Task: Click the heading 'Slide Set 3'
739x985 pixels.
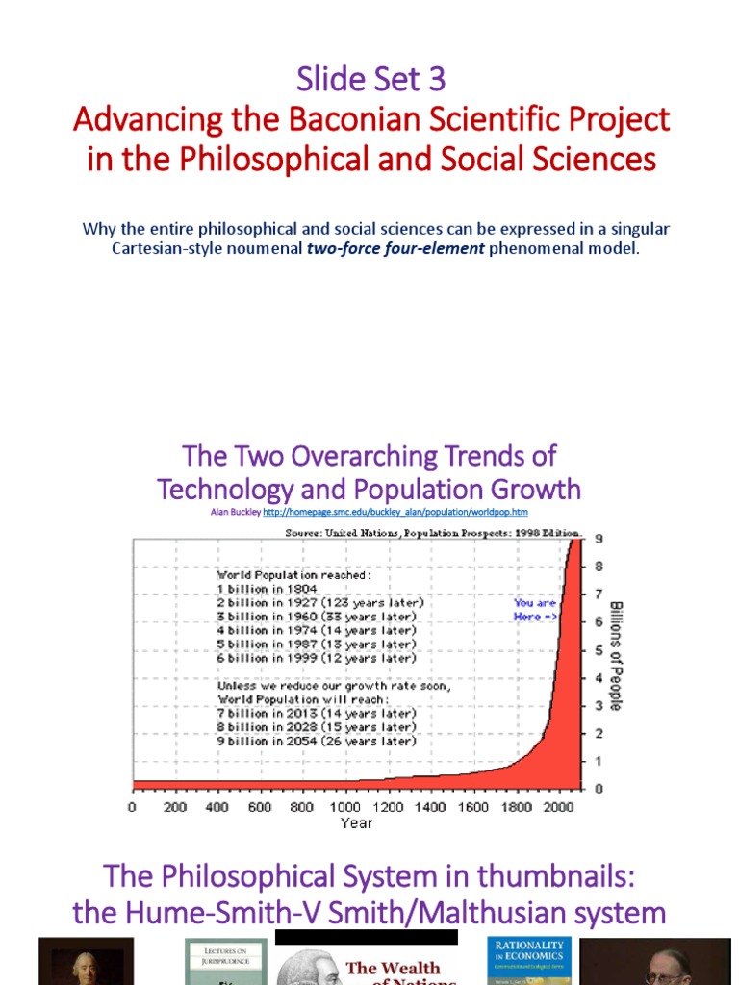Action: pyautogui.click(x=370, y=80)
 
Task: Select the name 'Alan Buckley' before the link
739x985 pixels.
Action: pyautogui.click(x=236, y=513)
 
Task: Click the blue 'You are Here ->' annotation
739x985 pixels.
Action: pyautogui.click(x=535, y=610)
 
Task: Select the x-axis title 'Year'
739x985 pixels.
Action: pyautogui.click(x=355, y=823)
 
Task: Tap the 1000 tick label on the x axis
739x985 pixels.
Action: pyautogui.click(x=344, y=807)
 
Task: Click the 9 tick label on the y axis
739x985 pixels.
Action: pyautogui.click(x=599, y=539)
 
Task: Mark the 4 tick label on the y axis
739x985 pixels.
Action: pyautogui.click(x=599, y=678)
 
